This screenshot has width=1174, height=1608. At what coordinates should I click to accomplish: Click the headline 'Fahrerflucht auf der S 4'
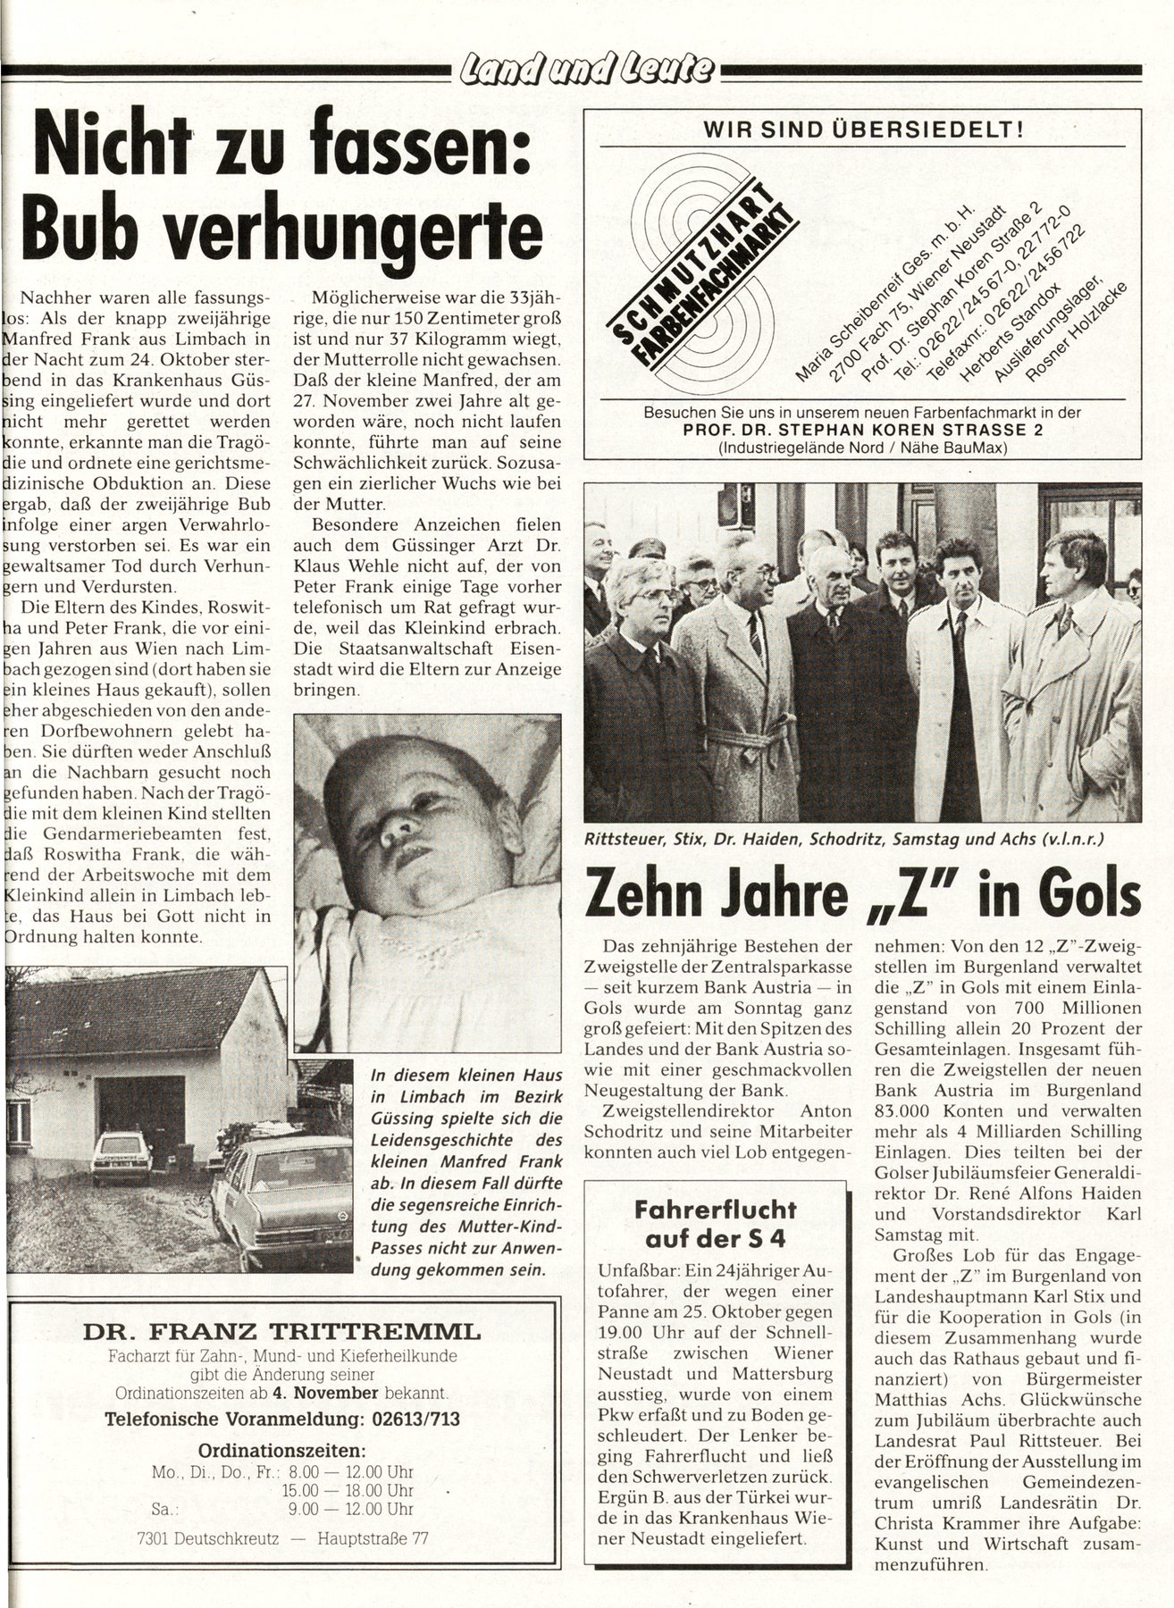pos(715,1225)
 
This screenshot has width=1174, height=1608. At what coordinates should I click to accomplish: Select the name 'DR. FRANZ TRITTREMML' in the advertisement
pos(281,1333)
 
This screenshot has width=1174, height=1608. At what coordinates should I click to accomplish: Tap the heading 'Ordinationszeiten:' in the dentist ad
pos(281,1449)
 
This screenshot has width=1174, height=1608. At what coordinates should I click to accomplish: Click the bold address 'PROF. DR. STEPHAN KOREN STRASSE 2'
pos(862,430)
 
